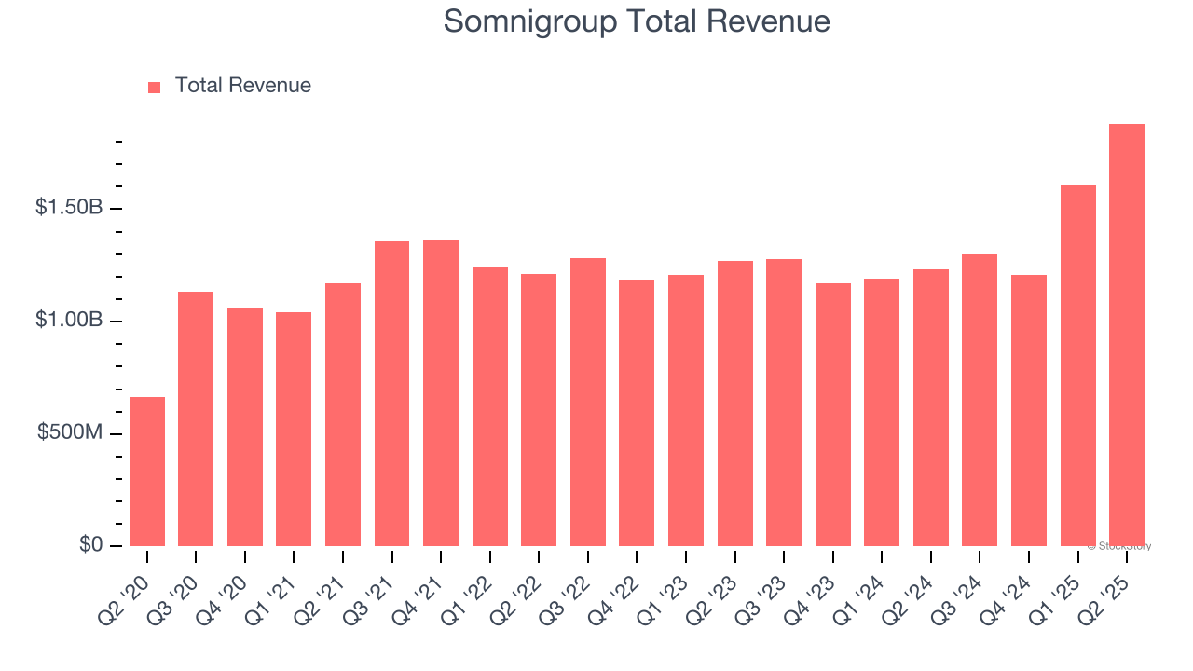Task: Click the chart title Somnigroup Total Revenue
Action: (637, 21)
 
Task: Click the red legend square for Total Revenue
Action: (154, 87)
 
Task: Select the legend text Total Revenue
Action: (242, 86)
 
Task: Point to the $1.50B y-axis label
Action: (69, 208)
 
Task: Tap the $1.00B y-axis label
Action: (69, 321)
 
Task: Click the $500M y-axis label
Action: (70, 433)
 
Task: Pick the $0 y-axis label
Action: (89, 545)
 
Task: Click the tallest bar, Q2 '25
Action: (1126, 335)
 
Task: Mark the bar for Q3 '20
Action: (196, 419)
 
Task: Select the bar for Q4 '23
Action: (832, 415)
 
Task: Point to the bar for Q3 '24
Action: (980, 401)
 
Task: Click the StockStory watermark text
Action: (1119, 546)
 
